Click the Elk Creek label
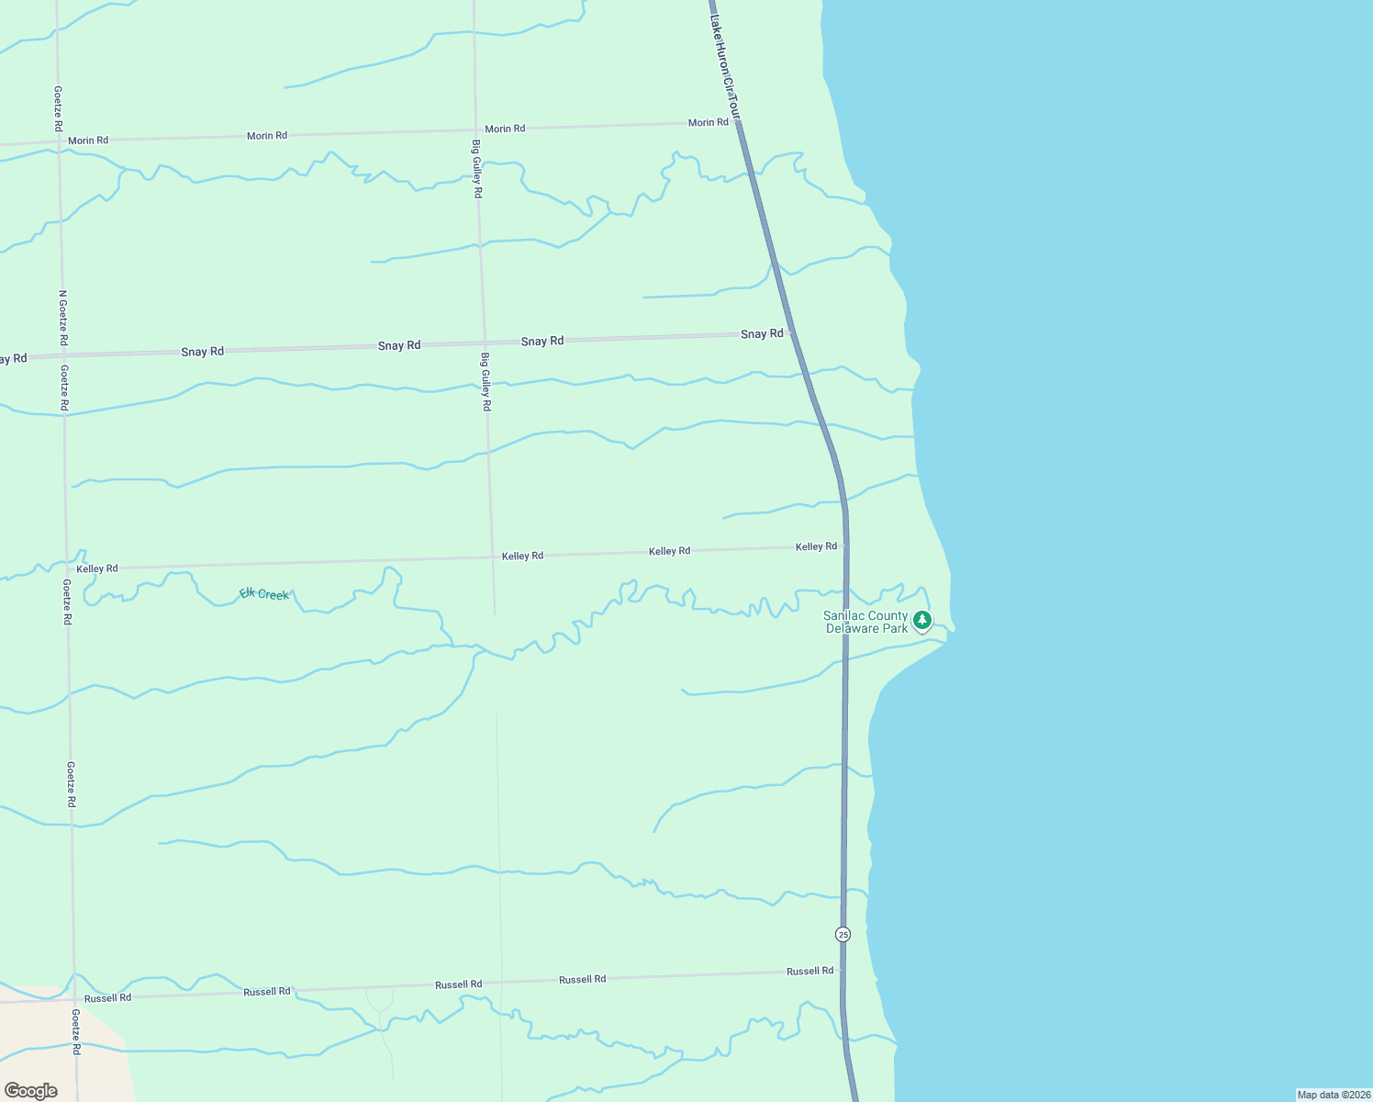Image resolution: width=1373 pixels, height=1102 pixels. pyautogui.click(x=264, y=594)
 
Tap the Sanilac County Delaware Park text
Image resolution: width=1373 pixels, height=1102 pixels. pyautogui.click(x=865, y=623)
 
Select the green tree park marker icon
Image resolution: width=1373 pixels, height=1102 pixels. pyautogui.click(x=922, y=621)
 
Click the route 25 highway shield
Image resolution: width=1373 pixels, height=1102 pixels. pyautogui.click(x=843, y=934)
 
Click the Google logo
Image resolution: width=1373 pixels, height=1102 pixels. pyautogui.click(x=31, y=1091)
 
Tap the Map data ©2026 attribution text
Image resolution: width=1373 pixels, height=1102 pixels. pyautogui.click(x=1334, y=1095)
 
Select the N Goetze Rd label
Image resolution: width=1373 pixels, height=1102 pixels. pyautogui.click(x=62, y=318)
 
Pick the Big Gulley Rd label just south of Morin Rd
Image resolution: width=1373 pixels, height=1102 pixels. pyautogui.click(x=477, y=169)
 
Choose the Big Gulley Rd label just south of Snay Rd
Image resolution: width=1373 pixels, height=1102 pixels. pyautogui.click(x=486, y=381)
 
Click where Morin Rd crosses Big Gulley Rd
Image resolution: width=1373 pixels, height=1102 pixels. pyautogui.click(x=475, y=130)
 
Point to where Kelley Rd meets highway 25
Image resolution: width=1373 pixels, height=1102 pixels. pyautogui.click(x=845, y=545)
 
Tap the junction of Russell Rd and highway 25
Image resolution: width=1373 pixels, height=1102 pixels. pyautogui.click(x=841, y=970)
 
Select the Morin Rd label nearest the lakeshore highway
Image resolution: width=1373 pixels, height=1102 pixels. pyautogui.click(x=708, y=122)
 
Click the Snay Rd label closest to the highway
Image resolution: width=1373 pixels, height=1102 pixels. pyautogui.click(x=762, y=334)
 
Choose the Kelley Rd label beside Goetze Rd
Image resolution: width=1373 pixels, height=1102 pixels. pyautogui.click(x=97, y=568)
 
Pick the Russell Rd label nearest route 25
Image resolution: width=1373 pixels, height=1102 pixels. pyautogui.click(x=809, y=971)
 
